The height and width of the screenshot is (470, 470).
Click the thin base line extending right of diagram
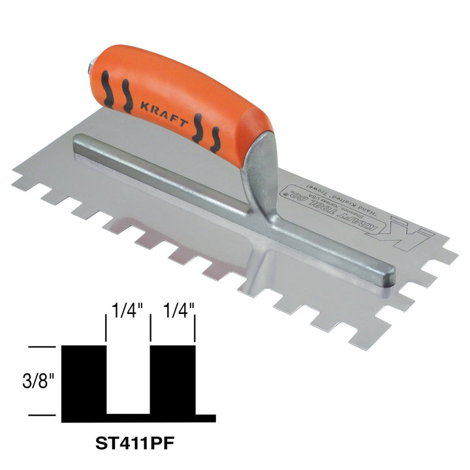(x=206, y=416)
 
